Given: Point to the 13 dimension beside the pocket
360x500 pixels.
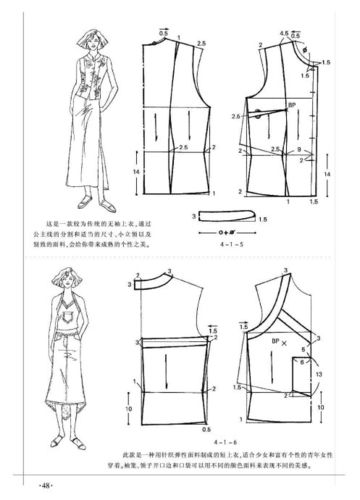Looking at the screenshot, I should pyautogui.click(x=320, y=375).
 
